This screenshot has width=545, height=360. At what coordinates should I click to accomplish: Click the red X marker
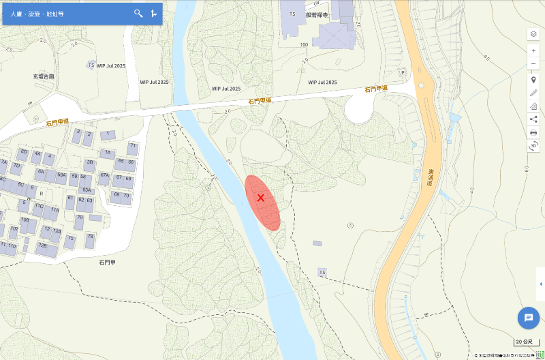(x=260, y=198)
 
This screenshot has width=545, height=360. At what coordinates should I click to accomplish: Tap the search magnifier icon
(x=138, y=13)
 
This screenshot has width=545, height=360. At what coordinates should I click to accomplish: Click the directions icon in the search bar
(x=154, y=13)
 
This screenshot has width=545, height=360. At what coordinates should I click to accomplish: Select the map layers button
(x=533, y=34)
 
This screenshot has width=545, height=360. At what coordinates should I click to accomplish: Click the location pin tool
(x=533, y=80)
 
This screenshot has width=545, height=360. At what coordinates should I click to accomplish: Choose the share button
(x=533, y=119)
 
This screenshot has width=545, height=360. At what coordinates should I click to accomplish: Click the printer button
(x=533, y=132)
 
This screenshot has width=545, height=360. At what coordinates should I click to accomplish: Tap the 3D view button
(x=533, y=145)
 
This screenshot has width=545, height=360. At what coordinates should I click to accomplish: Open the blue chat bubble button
(x=528, y=318)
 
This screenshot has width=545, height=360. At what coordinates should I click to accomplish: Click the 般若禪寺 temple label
(x=317, y=14)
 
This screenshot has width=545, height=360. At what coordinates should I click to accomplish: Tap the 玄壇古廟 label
(x=42, y=76)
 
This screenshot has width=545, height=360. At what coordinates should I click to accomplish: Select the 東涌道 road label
(x=431, y=180)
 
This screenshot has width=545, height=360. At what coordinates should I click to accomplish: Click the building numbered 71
(x=133, y=146)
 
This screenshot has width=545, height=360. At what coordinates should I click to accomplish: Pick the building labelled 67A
(x=104, y=176)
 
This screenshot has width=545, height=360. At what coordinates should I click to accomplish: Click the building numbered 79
(x=79, y=218)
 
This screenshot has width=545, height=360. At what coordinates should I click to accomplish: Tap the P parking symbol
(x=403, y=72)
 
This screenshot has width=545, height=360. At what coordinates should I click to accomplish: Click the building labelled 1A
(x=107, y=153)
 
